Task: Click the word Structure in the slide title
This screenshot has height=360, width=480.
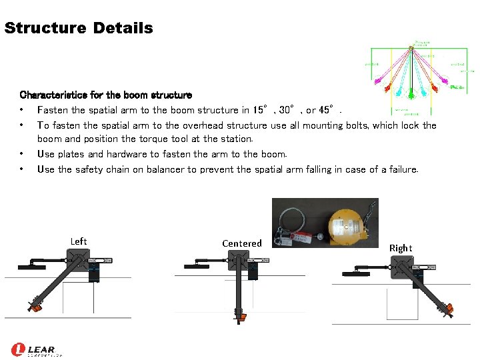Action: (45, 28)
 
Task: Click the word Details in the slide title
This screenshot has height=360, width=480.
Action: (123, 28)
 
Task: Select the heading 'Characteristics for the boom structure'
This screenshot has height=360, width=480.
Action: (106, 95)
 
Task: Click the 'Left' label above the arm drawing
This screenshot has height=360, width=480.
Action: (79, 241)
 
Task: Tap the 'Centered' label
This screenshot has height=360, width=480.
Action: (242, 243)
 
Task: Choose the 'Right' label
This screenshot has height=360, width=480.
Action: (401, 248)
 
